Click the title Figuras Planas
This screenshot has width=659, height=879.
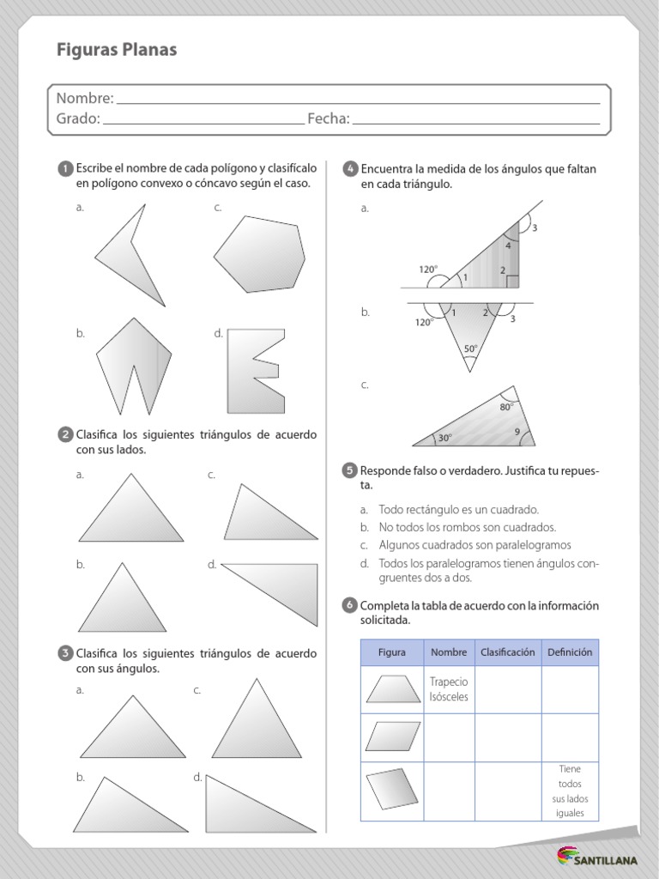(x=117, y=51)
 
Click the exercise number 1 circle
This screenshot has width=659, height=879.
(x=65, y=169)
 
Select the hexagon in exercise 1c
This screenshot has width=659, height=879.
(x=259, y=254)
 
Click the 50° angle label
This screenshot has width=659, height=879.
(x=470, y=349)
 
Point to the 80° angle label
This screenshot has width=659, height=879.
(x=506, y=408)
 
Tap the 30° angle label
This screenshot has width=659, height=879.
(x=444, y=438)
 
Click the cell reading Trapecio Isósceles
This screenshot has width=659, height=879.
(x=449, y=689)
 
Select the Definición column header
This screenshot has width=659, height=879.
(x=570, y=652)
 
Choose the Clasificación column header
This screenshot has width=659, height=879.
(x=507, y=652)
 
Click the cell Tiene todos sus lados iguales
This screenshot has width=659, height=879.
(x=570, y=791)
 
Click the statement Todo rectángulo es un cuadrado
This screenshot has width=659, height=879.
(x=458, y=510)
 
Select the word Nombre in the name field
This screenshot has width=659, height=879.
(x=84, y=99)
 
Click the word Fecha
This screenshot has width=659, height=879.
(x=328, y=118)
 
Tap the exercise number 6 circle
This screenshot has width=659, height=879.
(x=350, y=606)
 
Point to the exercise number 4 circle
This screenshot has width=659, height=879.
(x=350, y=169)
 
